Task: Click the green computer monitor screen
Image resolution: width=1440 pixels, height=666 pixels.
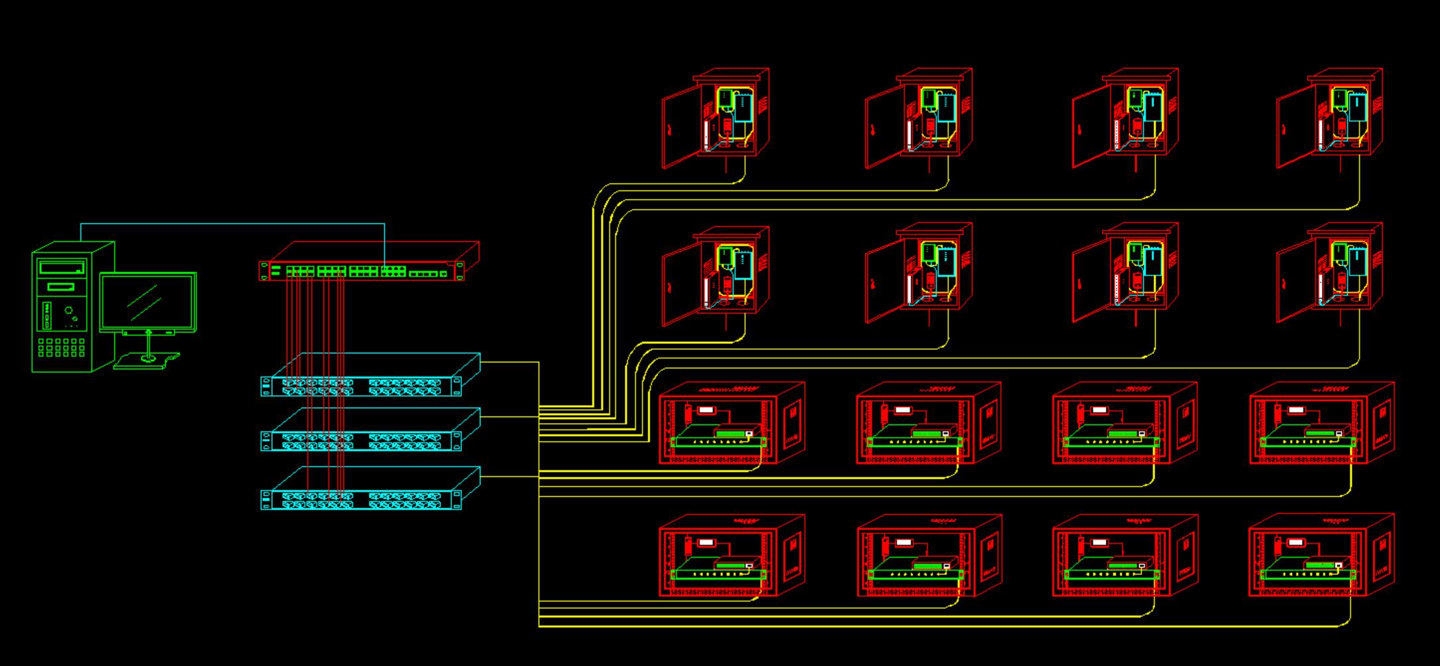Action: (x=147, y=301)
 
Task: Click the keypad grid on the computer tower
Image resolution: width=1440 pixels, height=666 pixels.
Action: (x=61, y=347)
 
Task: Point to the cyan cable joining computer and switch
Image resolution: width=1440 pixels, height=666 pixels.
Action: (x=232, y=224)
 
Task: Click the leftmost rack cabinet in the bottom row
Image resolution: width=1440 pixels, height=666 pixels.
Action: (x=730, y=554)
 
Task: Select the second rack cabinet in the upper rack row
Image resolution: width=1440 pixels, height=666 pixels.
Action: (x=927, y=423)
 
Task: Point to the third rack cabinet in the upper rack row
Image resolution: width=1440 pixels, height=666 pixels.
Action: (x=1123, y=423)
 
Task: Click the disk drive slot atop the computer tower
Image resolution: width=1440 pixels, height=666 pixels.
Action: (x=62, y=268)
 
